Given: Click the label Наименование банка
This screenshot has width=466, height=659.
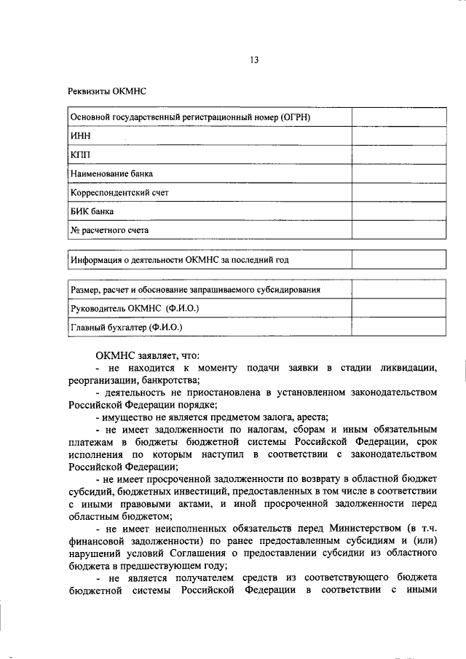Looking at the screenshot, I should tap(111, 173).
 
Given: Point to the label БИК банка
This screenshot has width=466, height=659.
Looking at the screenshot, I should tap(92, 211).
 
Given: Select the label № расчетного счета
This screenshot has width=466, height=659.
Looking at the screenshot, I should tap(109, 230).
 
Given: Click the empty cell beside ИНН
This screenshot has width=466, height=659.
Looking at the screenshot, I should tap(396, 135).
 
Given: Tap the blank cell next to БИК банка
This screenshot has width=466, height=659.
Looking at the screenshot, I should tap(396, 211).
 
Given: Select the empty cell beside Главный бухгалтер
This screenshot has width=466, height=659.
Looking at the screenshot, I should tap(396, 327).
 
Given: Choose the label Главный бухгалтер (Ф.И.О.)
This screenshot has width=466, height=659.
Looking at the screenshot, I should tap(127, 328).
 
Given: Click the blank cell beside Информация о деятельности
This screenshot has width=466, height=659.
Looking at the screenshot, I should tap(396, 260).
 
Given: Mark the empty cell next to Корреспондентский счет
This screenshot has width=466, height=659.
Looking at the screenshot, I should tap(396, 192).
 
